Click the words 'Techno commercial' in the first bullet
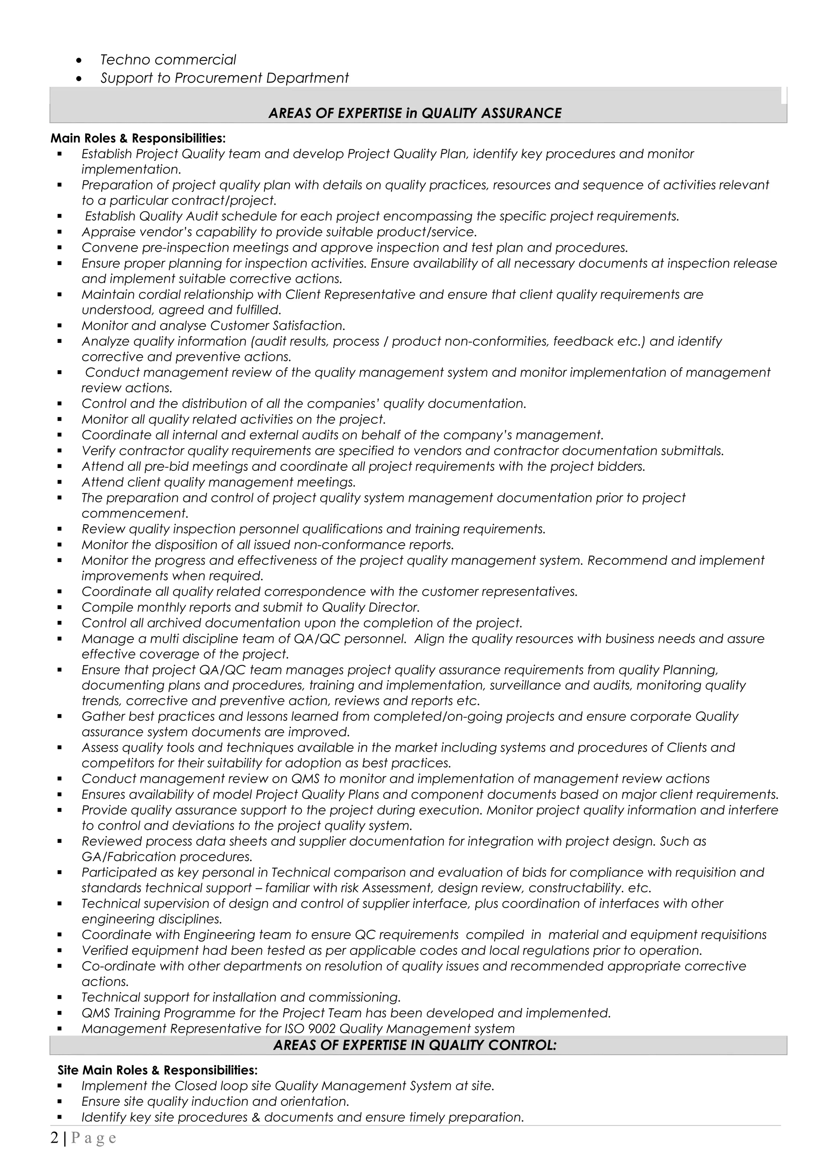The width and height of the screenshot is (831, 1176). tap(168, 60)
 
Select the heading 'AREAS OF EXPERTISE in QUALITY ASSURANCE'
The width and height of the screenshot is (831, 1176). tap(415, 113)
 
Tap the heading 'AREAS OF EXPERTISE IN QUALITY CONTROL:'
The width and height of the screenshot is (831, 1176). tap(415, 1045)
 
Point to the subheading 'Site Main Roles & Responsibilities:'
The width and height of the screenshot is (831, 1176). tap(158, 1070)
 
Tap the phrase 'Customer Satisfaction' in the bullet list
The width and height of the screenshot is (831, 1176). tap(276, 326)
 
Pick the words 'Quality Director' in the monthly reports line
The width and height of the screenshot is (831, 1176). tap(370, 607)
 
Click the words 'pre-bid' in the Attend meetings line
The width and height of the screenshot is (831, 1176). tap(163, 467)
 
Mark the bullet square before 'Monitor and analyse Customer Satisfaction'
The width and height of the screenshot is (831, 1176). tap(60, 326)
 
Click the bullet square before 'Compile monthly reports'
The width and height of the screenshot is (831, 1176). tap(60, 608)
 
